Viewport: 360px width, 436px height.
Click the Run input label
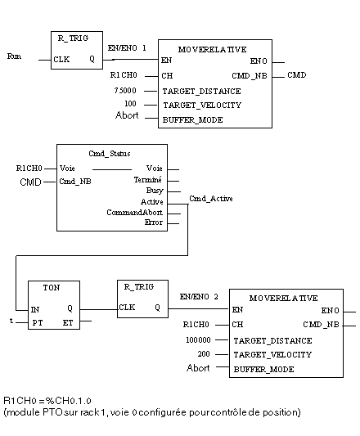pyautogui.click(x=14, y=56)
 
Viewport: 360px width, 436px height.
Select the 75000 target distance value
pyautogui.click(x=125, y=91)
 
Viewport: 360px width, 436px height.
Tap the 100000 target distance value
pyautogui.click(x=198, y=339)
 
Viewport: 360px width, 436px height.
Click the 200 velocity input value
pyautogui.click(x=204, y=354)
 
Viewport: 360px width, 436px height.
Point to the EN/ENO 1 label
pyautogui.click(x=127, y=48)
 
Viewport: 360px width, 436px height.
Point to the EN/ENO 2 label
pyautogui.click(x=199, y=297)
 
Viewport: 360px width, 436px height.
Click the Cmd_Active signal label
pyautogui.click(x=211, y=199)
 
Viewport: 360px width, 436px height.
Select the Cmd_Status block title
pyautogui.click(x=110, y=154)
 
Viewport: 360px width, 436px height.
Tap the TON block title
pyautogui.click(x=52, y=287)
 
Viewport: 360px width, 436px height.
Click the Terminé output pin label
pyautogui.click(x=148, y=180)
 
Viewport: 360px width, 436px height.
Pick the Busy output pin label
pyautogui.click(x=155, y=191)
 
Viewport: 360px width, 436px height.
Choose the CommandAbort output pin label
pyautogui.click(x=135, y=213)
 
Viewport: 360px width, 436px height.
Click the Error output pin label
pyautogui.click(x=154, y=222)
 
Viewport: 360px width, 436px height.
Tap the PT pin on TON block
pyautogui.click(x=38, y=323)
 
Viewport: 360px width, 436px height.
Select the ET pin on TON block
pyautogui.click(x=68, y=323)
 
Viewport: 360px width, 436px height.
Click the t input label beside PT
pyautogui.click(x=11, y=321)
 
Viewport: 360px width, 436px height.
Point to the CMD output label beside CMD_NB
pyautogui.click(x=297, y=75)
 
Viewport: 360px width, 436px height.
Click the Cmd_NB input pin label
pyautogui.click(x=75, y=182)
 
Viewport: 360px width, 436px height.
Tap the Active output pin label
pyautogui.click(x=152, y=201)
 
